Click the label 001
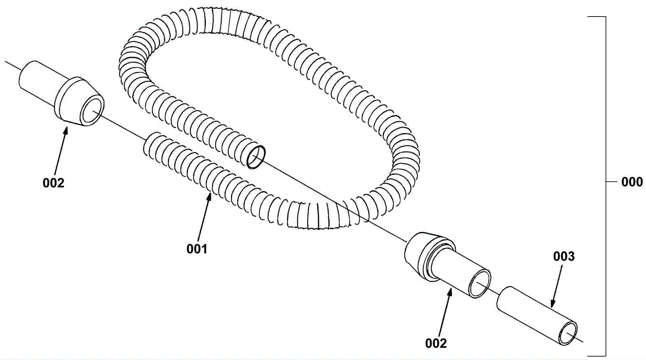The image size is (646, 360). [x=197, y=249]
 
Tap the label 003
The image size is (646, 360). [x=564, y=256]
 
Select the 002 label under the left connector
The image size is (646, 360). [x=53, y=183]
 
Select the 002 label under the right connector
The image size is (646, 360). [x=436, y=343]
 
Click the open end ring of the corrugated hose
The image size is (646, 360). [x=256, y=157]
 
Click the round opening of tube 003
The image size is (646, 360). [x=567, y=333]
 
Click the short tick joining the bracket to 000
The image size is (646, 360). [x=611, y=182]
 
